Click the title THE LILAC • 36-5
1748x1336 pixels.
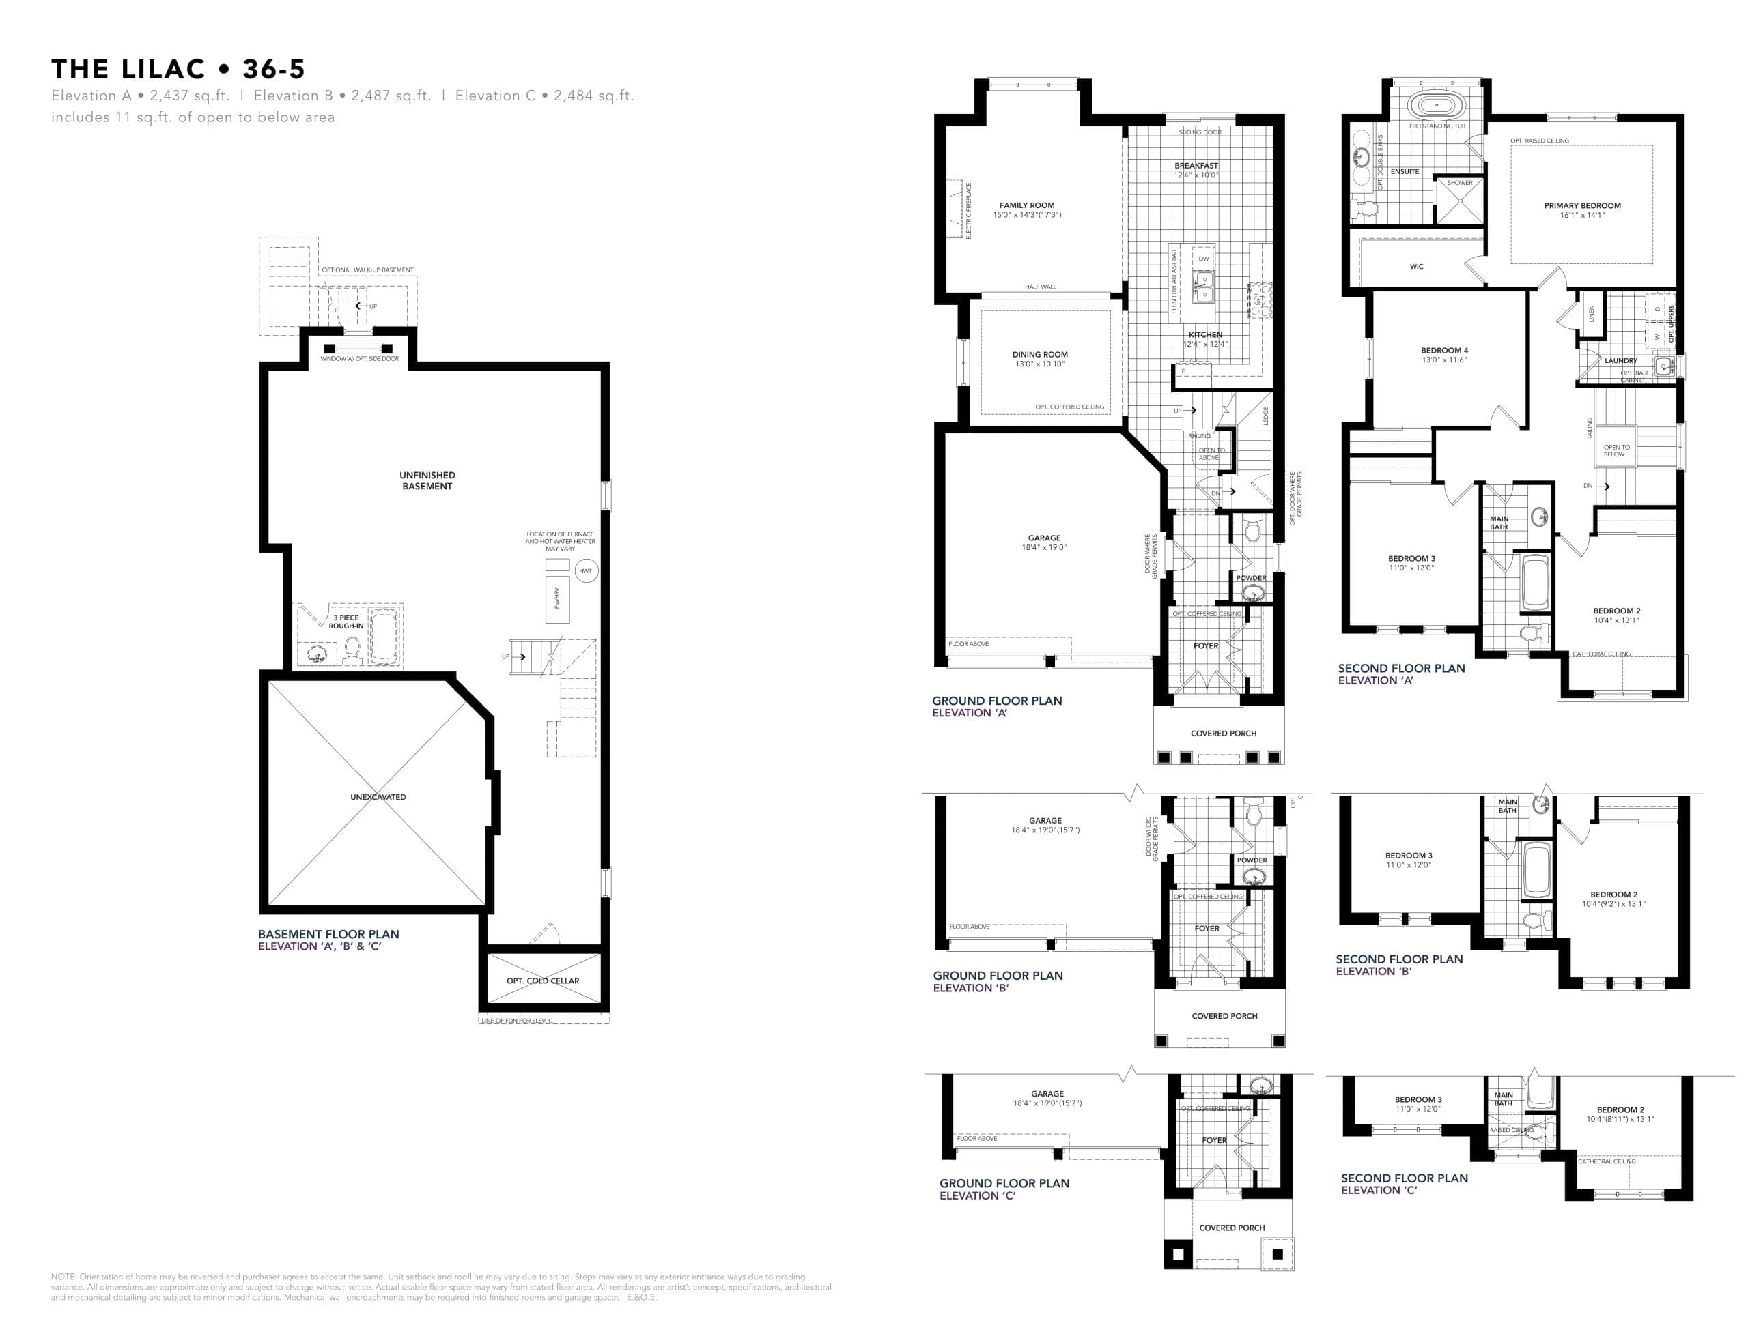(x=178, y=69)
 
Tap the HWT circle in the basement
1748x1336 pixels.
(x=586, y=571)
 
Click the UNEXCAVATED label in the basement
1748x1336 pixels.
(x=378, y=797)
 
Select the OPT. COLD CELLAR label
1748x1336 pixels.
(x=543, y=981)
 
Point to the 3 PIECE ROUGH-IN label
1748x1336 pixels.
(x=346, y=622)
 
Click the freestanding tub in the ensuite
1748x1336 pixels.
(x=1436, y=105)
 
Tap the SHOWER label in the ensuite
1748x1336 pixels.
(x=1459, y=183)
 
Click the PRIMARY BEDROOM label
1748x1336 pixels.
(x=1581, y=206)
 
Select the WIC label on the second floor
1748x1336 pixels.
(x=1416, y=266)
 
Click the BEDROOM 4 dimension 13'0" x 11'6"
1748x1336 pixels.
(x=1444, y=360)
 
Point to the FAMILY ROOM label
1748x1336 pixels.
(x=1026, y=205)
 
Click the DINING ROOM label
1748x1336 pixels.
(x=1040, y=355)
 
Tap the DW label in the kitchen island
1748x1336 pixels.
(x=1203, y=259)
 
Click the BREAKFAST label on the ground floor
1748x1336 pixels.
(x=1196, y=165)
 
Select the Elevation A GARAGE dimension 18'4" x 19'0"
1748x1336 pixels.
(x=1044, y=548)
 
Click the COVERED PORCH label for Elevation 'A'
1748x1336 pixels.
(x=1223, y=734)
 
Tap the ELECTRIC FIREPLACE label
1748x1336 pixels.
(x=968, y=211)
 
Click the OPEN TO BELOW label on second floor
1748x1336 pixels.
(x=1616, y=451)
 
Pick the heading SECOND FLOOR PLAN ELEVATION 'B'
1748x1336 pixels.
(x=1398, y=965)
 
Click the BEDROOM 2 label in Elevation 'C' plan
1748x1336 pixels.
(x=1620, y=1109)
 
